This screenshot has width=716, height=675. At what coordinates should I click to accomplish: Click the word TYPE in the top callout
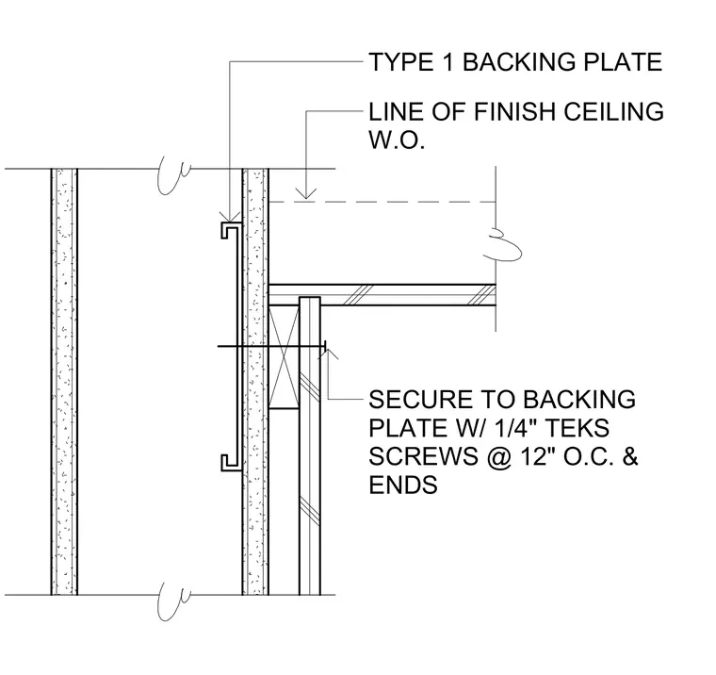tap(401, 62)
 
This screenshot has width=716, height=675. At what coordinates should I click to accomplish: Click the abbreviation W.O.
tap(397, 140)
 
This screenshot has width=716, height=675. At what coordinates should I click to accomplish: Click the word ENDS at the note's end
tap(403, 485)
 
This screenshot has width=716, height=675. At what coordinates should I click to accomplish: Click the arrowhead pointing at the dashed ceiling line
tap(306, 194)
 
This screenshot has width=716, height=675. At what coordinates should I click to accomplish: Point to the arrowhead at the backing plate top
tap(230, 216)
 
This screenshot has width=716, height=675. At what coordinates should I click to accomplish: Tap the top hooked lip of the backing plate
tap(231, 230)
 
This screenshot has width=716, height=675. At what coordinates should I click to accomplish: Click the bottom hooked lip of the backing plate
tap(231, 463)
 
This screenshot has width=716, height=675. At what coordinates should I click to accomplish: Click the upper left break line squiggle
tap(172, 175)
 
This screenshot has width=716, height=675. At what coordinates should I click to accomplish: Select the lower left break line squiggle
tap(172, 601)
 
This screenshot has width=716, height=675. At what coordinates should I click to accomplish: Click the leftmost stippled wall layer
tap(64, 382)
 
